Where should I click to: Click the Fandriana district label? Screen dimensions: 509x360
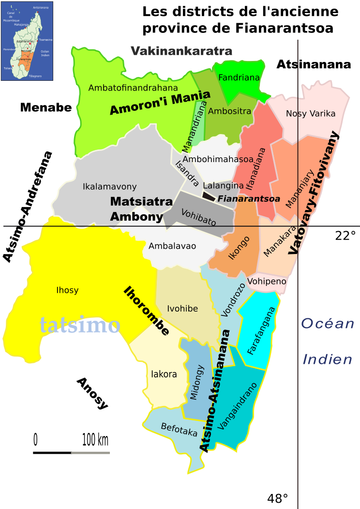pos(239,77)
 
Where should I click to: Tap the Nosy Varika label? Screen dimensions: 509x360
pos(310,114)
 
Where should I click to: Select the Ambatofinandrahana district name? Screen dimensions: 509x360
pos(133,88)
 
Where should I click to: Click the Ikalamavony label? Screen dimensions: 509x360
pos(110,187)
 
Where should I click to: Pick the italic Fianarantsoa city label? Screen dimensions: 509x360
pos(249,198)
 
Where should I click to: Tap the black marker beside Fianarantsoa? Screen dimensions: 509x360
pos(209,196)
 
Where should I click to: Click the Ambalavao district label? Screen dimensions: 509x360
pos(172,246)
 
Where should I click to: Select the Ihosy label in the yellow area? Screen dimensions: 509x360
pos(67,290)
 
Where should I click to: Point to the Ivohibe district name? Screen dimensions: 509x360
pos(182,309)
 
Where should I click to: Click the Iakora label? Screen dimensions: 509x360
pos(164,374)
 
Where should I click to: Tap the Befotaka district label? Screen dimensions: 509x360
pos(179,430)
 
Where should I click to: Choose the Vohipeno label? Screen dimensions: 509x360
pos(267,281)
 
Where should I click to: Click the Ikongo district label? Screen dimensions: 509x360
pos(239,248)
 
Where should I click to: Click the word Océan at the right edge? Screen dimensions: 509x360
pos(328,323)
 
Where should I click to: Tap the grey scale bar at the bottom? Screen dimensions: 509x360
pos(90,453)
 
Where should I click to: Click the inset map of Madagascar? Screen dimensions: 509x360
pos(27,41)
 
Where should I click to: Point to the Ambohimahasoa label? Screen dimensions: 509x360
pos(218,159)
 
